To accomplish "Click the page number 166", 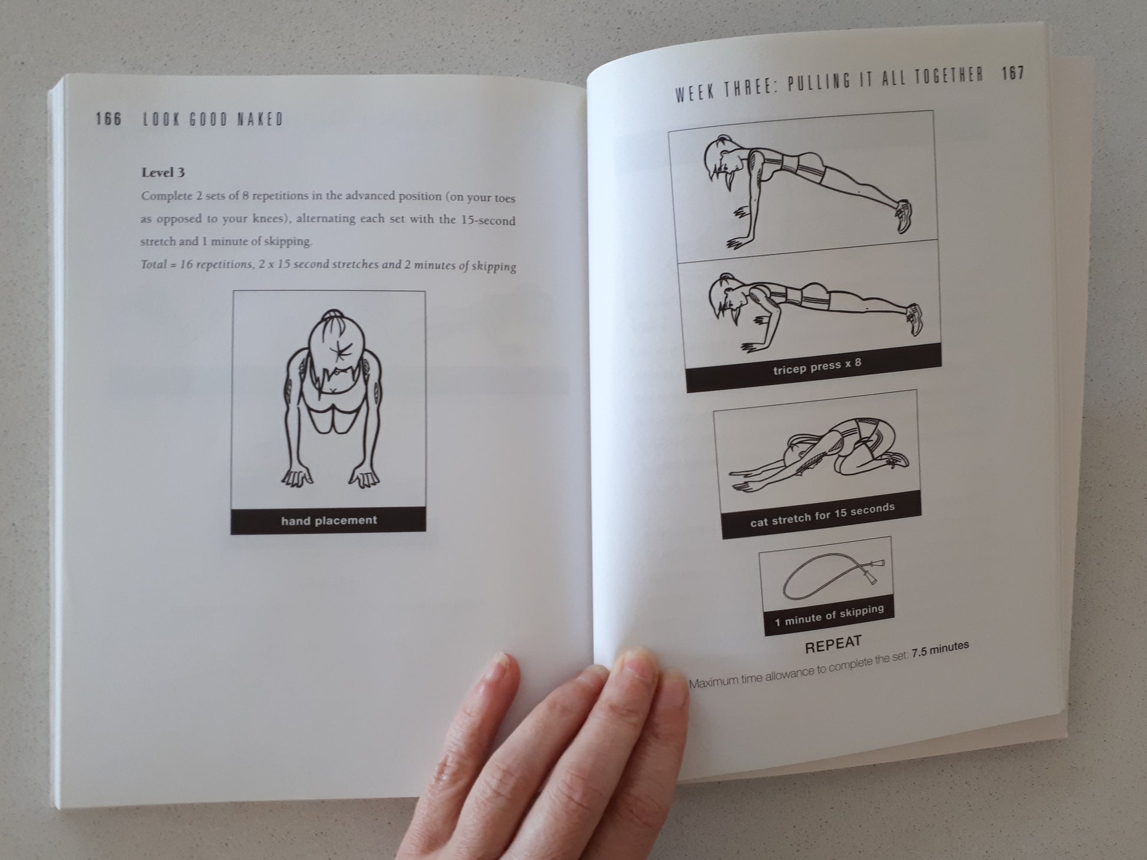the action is click(108, 119).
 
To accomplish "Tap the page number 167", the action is click(1013, 74).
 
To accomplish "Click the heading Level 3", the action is click(163, 172).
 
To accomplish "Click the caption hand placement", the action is click(329, 520).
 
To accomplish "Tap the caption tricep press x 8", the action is click(817, 367).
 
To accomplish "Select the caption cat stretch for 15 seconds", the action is click(822, 515).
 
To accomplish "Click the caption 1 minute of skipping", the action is click(829, 615).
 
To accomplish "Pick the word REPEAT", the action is click(833, 644).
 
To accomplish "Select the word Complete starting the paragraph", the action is click(167, 196).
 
